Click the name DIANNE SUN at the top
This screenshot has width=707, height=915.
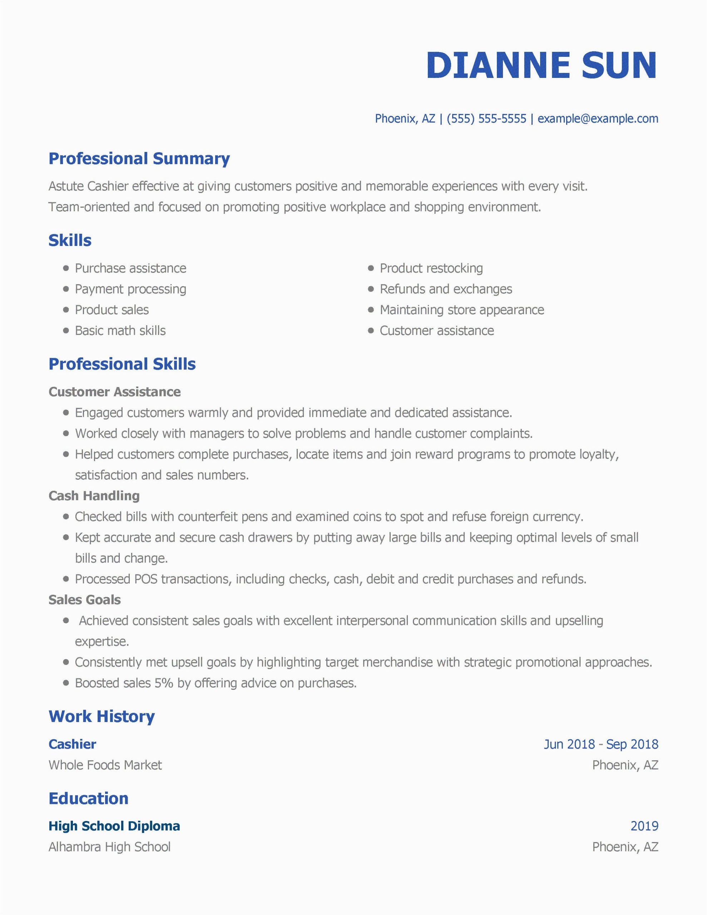[x=542, y=65]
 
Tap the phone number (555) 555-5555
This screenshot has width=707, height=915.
[x=486, y=119]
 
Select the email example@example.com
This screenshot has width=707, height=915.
[x=598, y=119]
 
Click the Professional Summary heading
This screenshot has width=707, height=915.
[x=139, y=159]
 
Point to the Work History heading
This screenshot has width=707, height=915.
[x=102, y=716]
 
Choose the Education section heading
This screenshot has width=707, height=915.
[x=88, y=798]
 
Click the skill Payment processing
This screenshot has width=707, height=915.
[x=130, y=289]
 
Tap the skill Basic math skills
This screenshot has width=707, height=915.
[x=120, y=331]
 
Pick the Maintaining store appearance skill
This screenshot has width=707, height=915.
[x=462, y=310]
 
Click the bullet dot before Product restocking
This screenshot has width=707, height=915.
[x=370, y=268]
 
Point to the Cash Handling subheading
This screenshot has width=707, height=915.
[x=94, y=496]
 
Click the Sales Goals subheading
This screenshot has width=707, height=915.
[x=85, y=600]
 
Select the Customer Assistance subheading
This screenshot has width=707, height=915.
[x=114, y=392]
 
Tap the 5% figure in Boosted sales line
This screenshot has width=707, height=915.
[x=164, y=683]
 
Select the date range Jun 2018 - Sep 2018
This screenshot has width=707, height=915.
[x=601, y=745]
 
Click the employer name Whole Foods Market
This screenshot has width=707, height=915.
[x=105, y=766]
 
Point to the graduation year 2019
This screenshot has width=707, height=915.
[x=644, y=826]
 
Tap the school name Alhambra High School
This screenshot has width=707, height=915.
[x=109, y=847]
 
